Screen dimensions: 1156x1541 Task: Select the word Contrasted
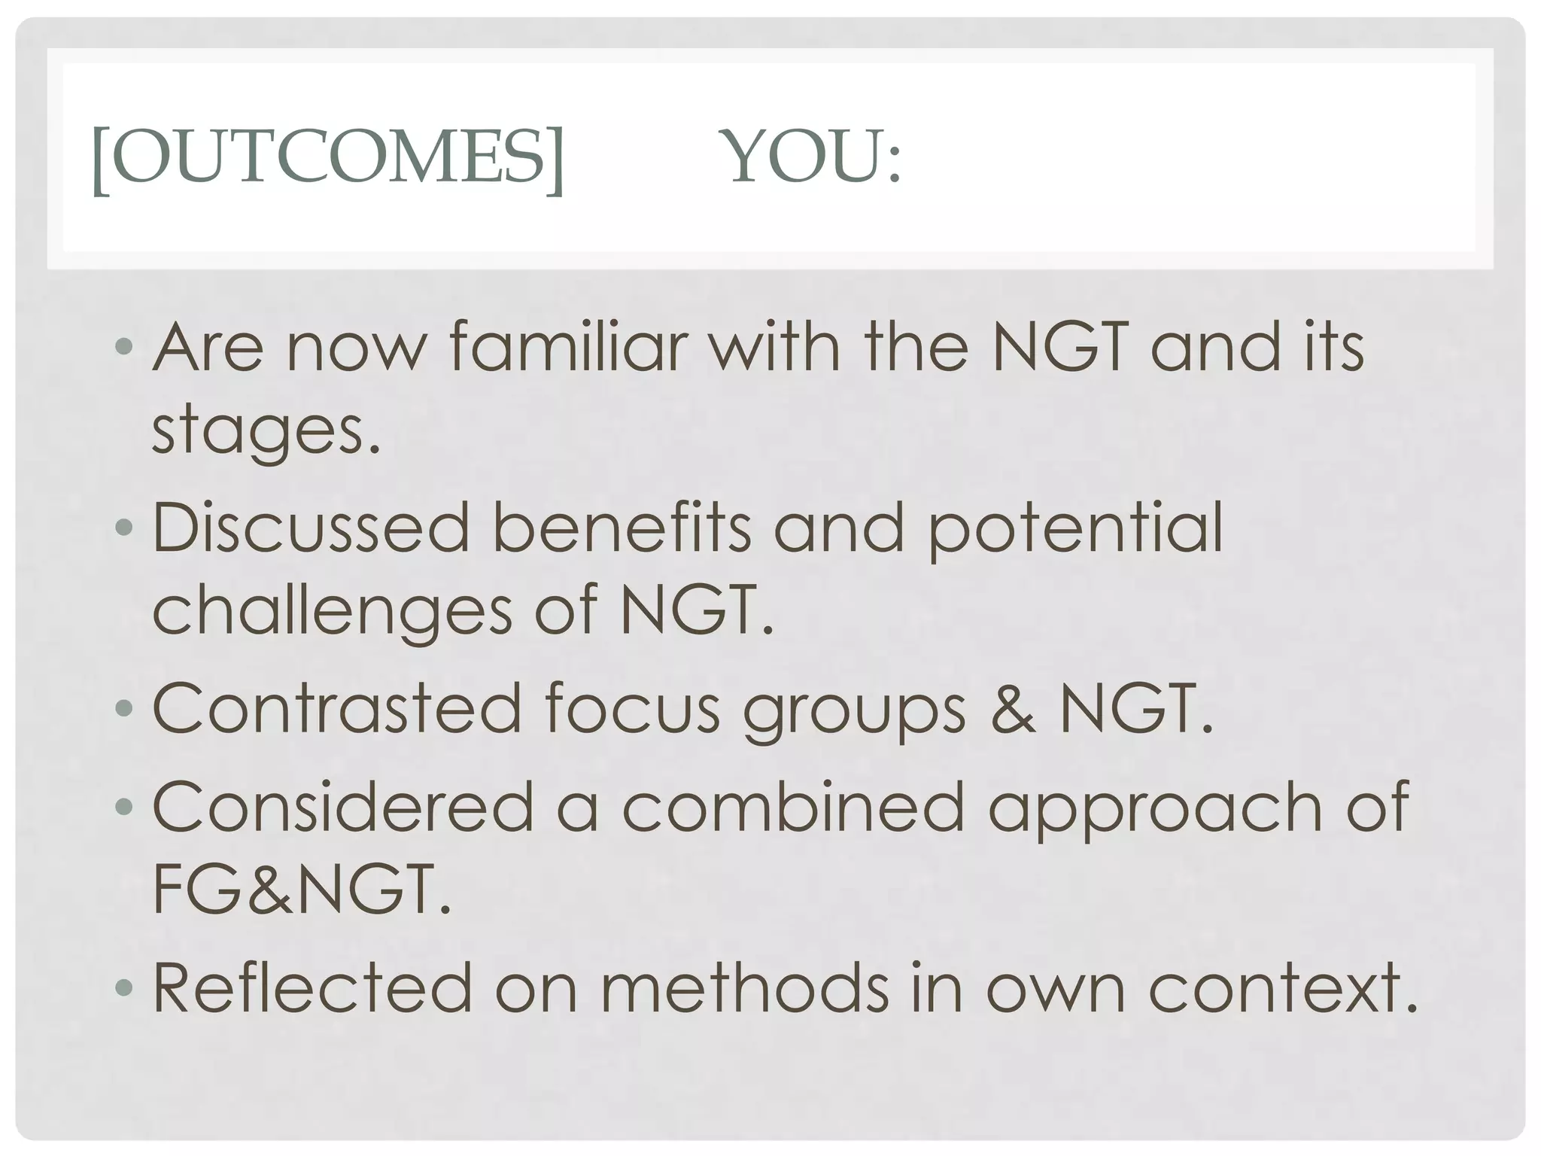[337, 708]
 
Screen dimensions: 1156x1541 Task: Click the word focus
[632, 708]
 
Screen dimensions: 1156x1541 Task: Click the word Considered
[343, 806]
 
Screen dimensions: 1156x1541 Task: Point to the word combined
[793, 806]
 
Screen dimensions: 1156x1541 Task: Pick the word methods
[744, 987]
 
